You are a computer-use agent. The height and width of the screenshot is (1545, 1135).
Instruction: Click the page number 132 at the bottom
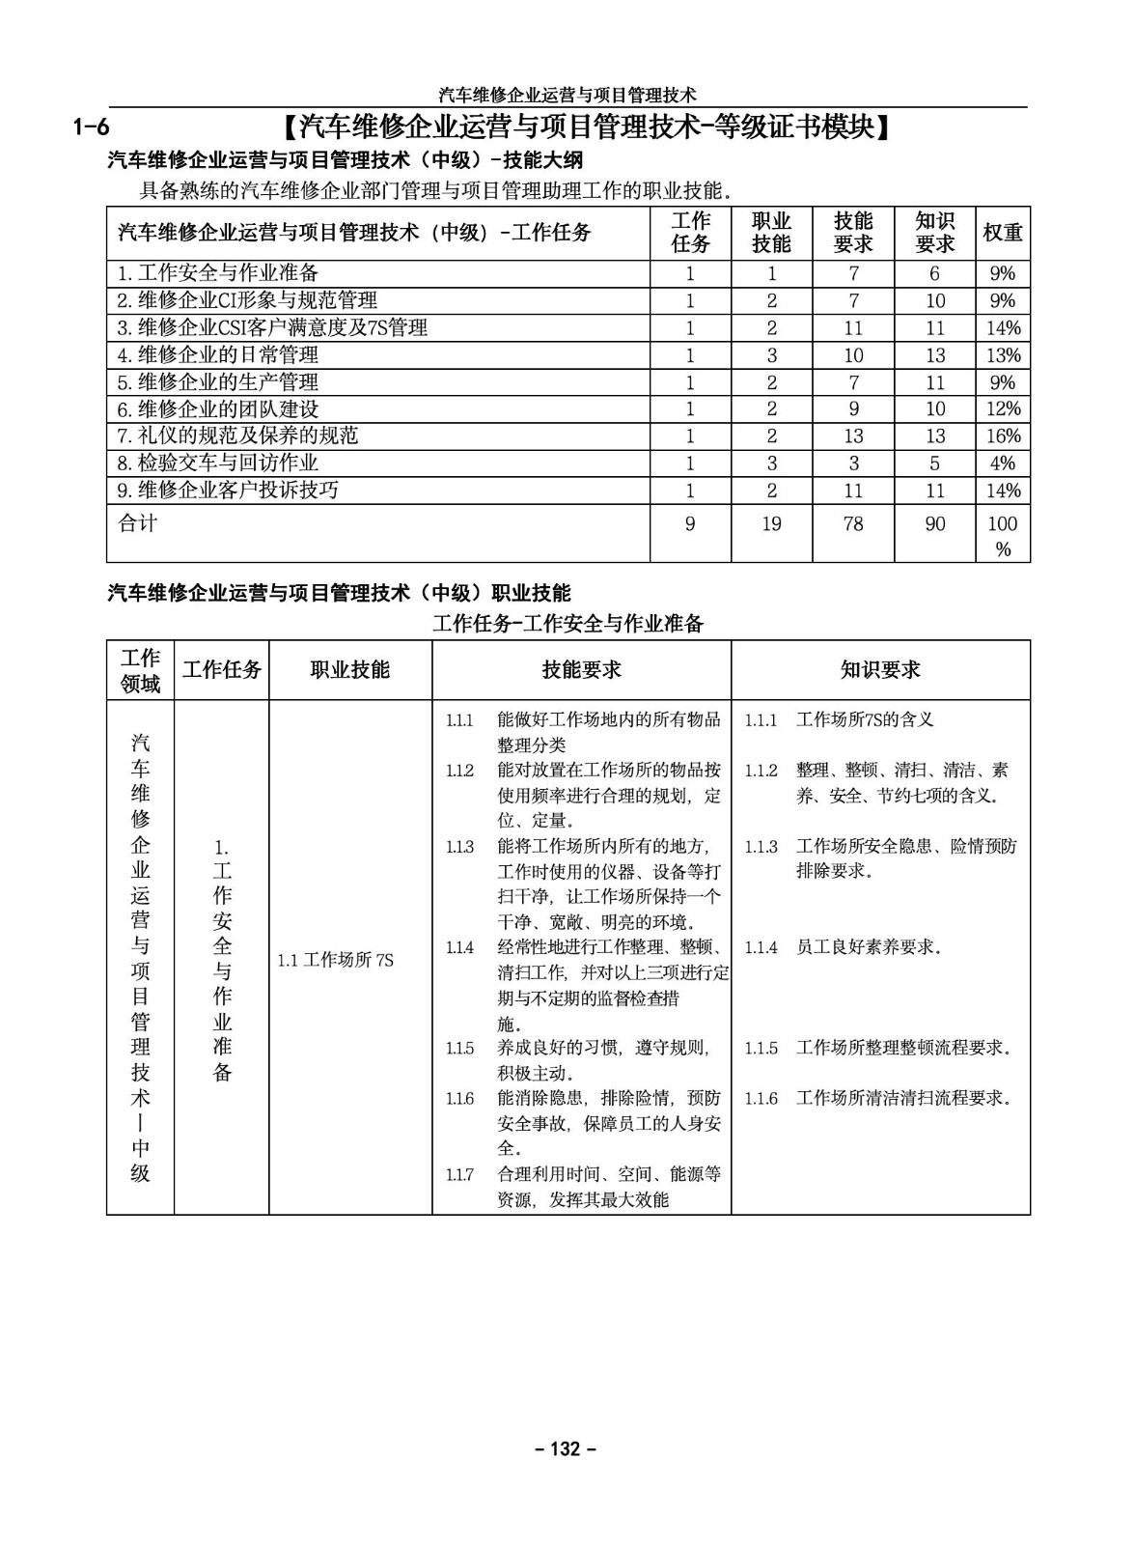pos(567,1448)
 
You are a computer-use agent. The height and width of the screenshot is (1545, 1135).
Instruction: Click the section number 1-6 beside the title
pos(92,126)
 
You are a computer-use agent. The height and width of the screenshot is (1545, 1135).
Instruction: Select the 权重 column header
pos(1003,233)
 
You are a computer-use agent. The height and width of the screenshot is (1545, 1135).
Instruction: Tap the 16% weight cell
pos(1003,435)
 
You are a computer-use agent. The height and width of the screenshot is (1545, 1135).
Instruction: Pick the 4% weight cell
pos(1003,463)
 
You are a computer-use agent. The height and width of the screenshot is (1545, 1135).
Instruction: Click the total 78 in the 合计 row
pos(853,524)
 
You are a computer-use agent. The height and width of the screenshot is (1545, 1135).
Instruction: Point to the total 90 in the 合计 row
pos(934,524)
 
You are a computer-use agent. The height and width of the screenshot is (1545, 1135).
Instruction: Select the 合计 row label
pos(137,523)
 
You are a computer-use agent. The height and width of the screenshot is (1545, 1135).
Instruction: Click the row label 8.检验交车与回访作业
pos(217,463)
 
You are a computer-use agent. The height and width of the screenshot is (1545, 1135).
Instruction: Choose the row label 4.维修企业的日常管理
pos(217,354)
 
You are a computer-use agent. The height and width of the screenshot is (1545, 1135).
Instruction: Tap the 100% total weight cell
pos(1003,536)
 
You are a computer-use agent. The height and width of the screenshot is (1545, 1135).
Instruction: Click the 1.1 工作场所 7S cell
pos(335,960)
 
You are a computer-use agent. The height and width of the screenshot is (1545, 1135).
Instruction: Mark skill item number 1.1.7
pos(459,1175)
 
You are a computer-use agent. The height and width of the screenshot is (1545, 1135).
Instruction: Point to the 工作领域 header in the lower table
pos(140,671)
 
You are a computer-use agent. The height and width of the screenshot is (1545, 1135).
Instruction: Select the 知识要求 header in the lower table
pos(880,669)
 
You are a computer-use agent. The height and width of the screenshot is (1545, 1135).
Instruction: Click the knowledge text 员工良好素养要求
pos(868,947)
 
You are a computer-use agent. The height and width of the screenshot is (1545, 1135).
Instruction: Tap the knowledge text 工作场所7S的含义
pos(865,719)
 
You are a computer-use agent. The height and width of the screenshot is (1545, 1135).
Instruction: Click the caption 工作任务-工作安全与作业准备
pos(568,624)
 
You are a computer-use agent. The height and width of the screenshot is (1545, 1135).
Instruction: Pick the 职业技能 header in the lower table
pos(349,669)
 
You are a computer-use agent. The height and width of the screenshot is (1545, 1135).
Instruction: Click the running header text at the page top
pos(567,95)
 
